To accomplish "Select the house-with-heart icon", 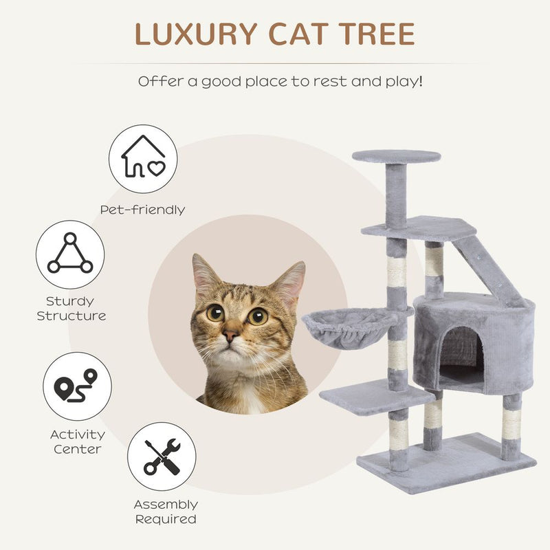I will pyautogui.click(x=143, y=159).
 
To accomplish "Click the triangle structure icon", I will pyautogui.click(x=70, y=254).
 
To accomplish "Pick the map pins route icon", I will pyautogui.click(x=77, y=386).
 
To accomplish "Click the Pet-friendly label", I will pyautogui.click(x=143, y=210).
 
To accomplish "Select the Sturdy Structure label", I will pyautogui.click(x=71, y=309).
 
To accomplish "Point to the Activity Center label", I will pyautogui.click(x=77, y=441).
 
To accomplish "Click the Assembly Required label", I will pyautogui.click(x=165, y=511).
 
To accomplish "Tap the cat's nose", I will pyautogui.click(x=231, y=335).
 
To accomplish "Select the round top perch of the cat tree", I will pyautogui.click(x=397, y=156).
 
